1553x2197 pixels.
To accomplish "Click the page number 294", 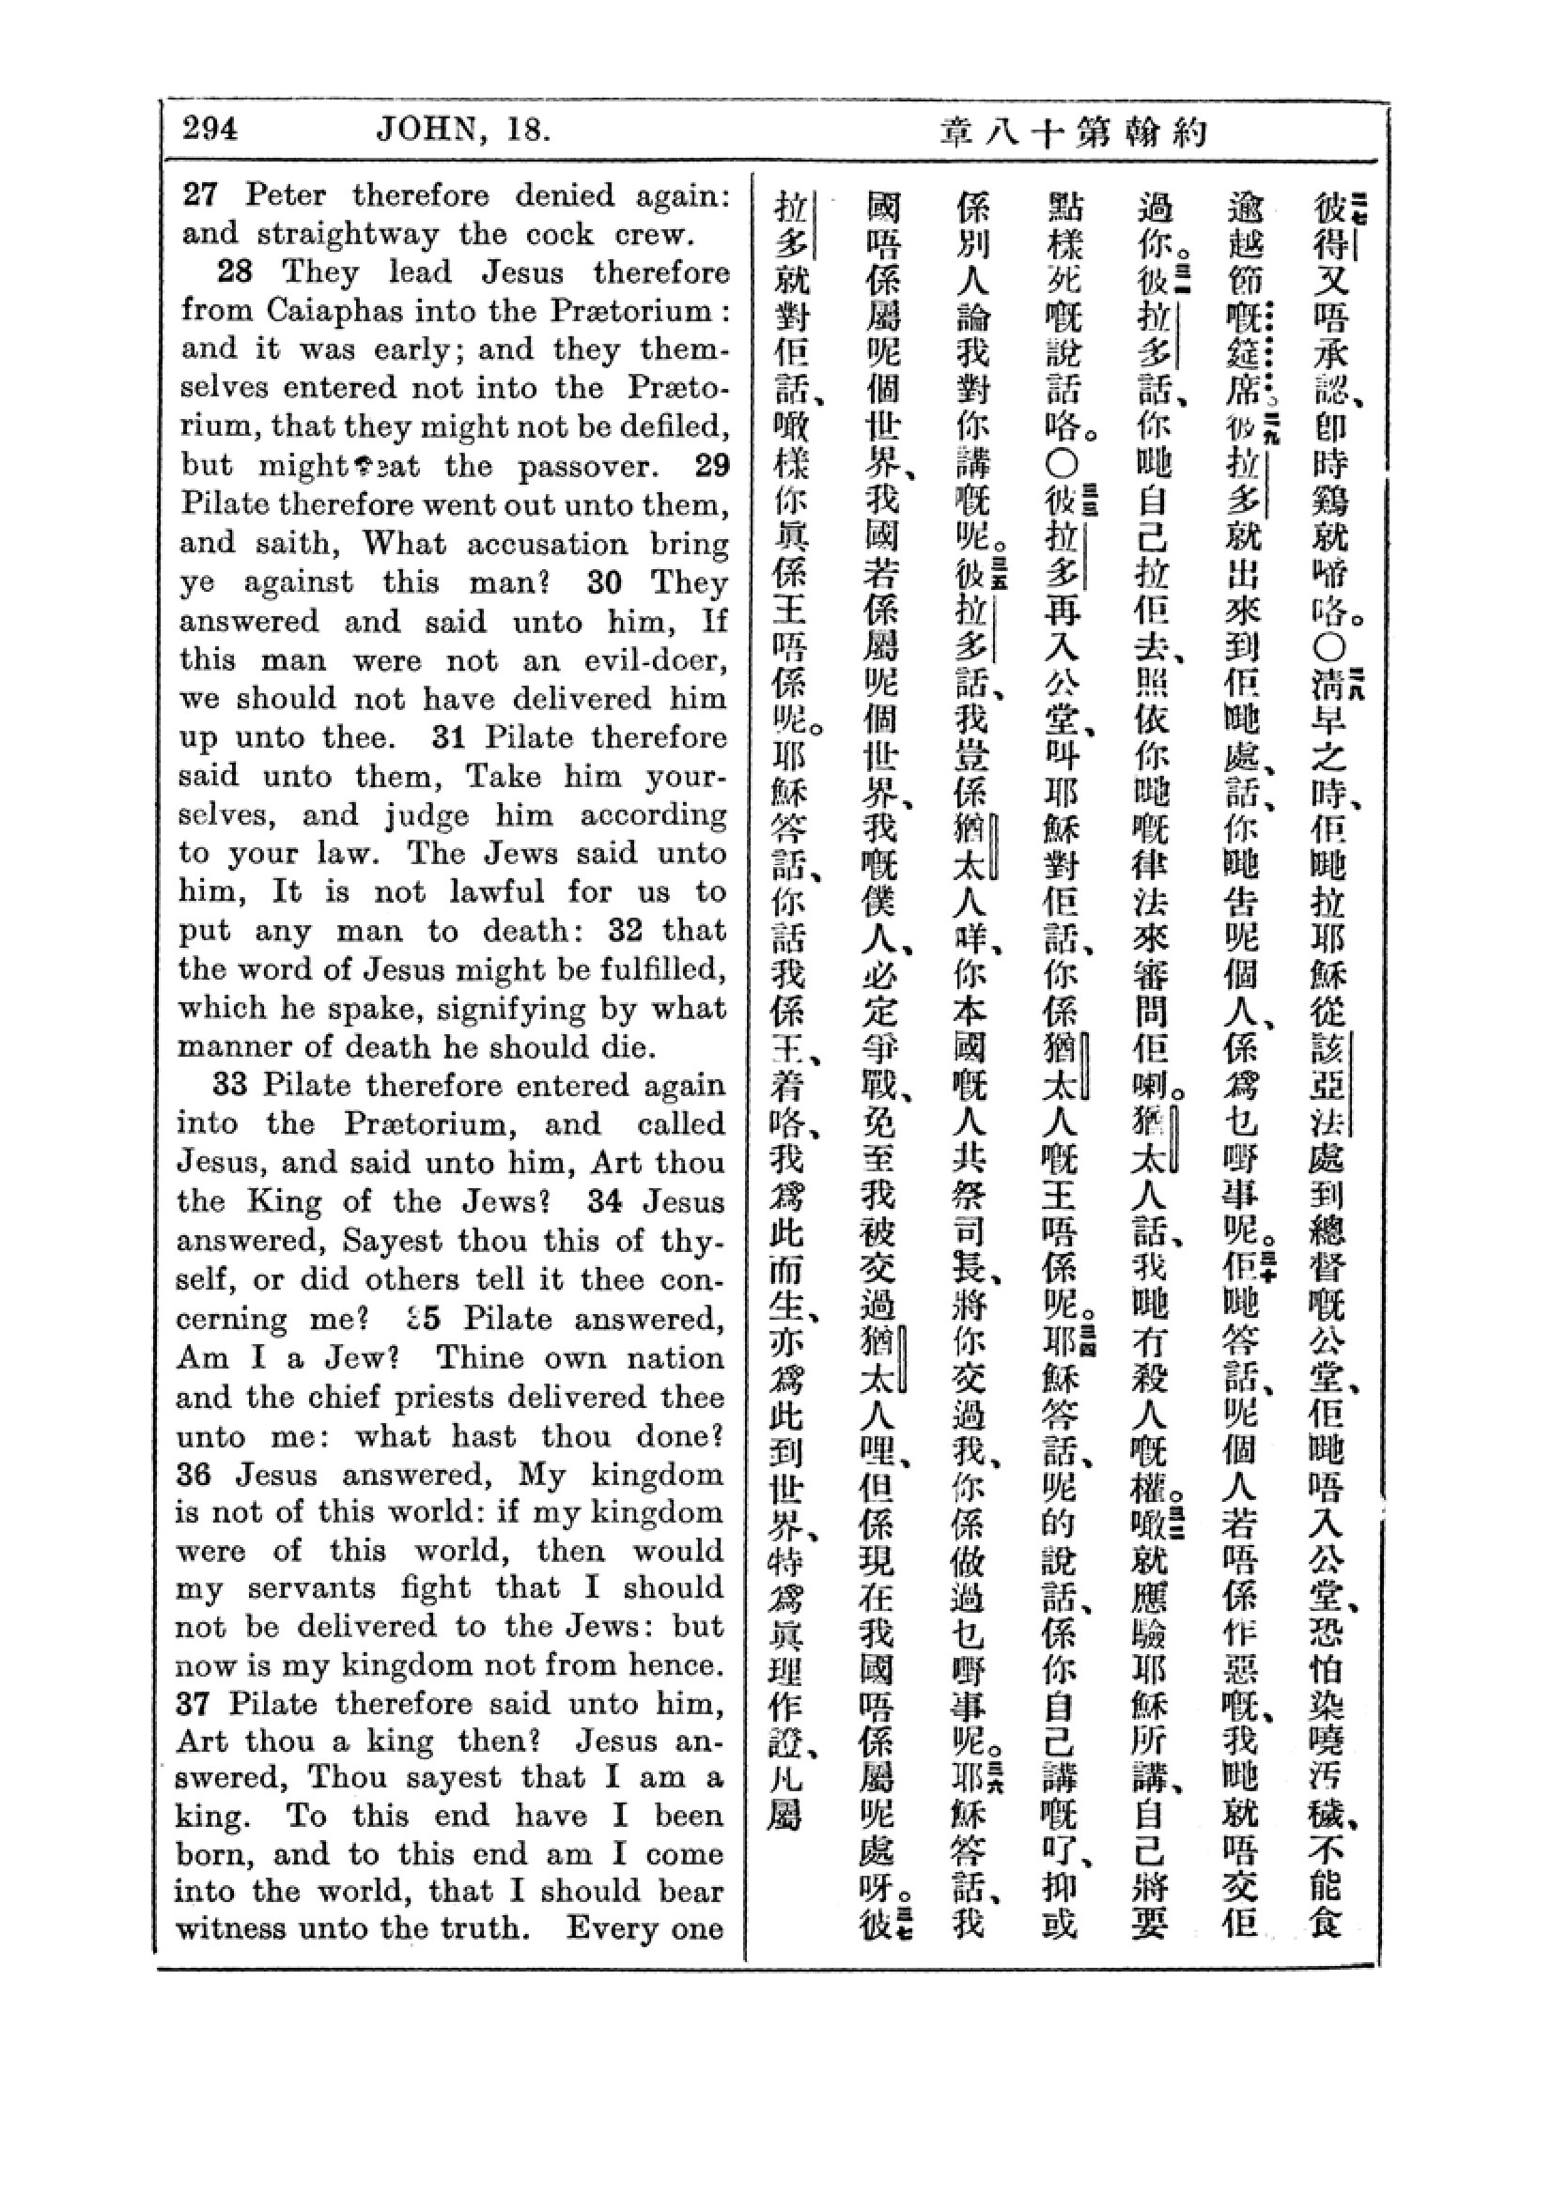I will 210,130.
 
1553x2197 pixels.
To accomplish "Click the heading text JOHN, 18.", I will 463,130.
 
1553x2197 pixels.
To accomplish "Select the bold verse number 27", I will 201,195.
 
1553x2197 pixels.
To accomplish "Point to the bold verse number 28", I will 235,272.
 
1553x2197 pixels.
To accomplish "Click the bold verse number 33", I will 230,1084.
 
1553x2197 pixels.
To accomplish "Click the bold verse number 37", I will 194,1704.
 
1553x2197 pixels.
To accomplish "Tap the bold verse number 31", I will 449,736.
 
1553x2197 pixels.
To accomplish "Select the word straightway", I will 349,235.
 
